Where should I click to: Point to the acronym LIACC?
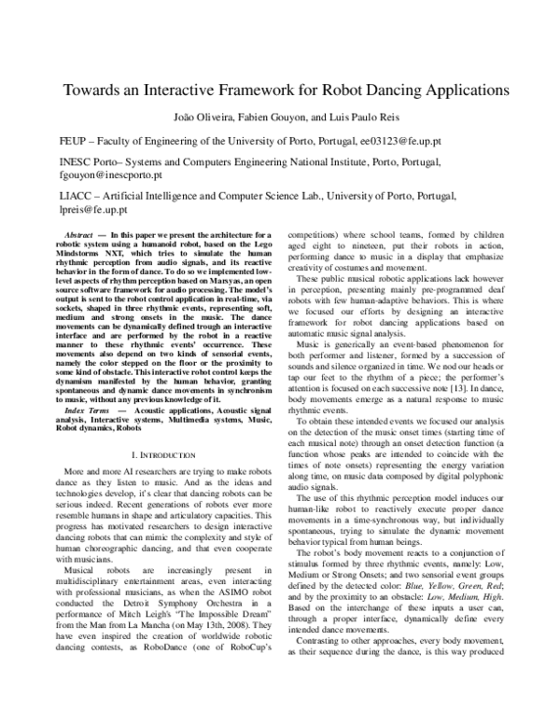pyautogui.click(x=77, y=198)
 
